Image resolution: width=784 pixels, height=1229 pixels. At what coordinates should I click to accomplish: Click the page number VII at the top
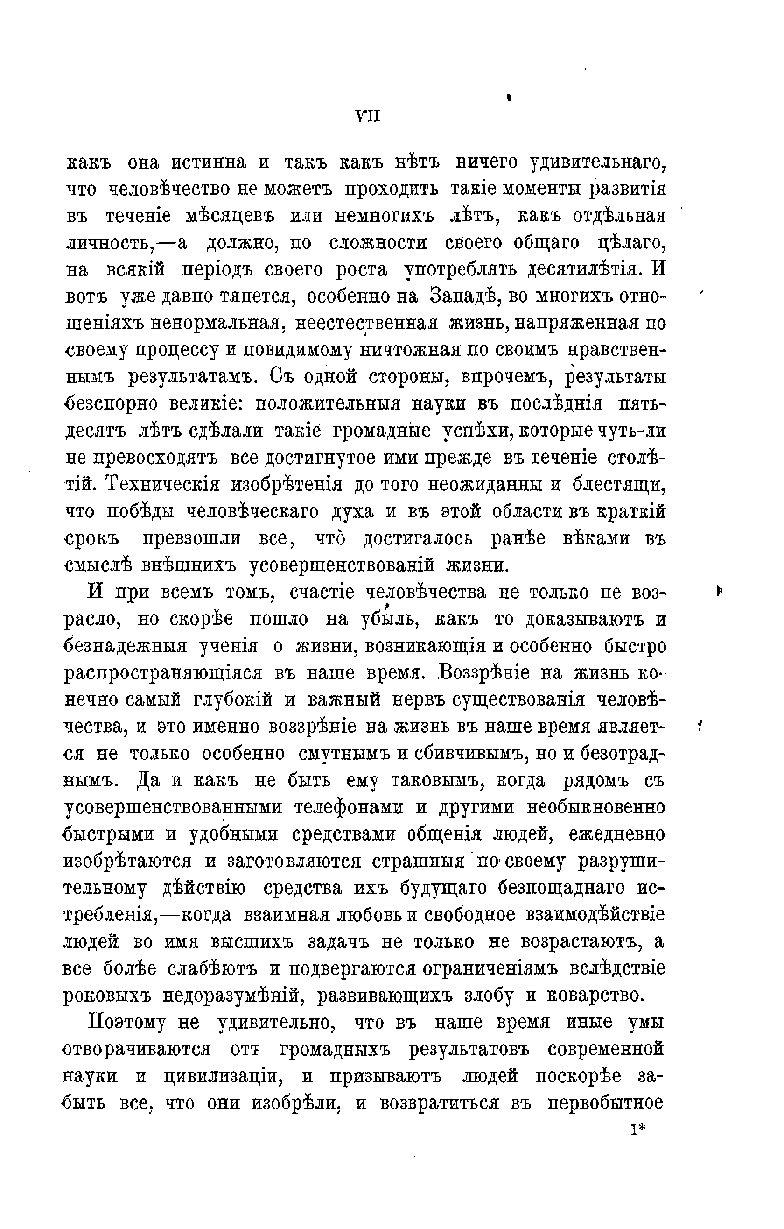(x=367, y=117)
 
